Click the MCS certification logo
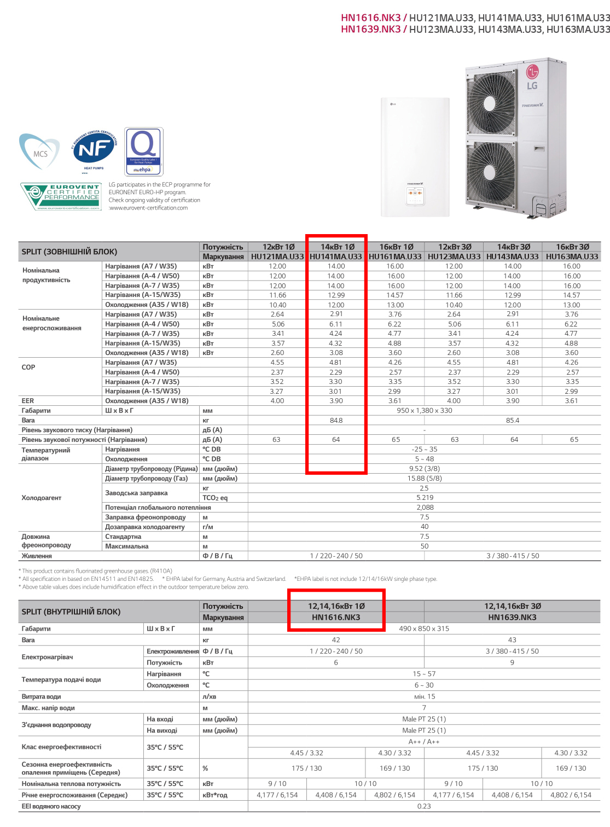point(39,151)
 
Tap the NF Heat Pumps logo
point(94,150)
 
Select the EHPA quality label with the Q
point(144,152)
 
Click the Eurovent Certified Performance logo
point(61,197)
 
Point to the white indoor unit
point(415,158)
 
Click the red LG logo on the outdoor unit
point(532,71)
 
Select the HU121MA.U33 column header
point(277,257)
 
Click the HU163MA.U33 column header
point(572,257)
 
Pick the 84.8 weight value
point(336,421)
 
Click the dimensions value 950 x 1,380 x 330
point(425,411)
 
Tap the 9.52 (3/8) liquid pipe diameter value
point(425,469)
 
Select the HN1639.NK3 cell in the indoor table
point(512,618)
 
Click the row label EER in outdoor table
point(28,401)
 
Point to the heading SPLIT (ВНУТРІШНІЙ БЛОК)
point(71,612)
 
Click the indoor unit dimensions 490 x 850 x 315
point(424,629)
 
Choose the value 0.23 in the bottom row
point(424,806)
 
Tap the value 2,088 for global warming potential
point(425,508)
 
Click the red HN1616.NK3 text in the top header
point(370,18)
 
